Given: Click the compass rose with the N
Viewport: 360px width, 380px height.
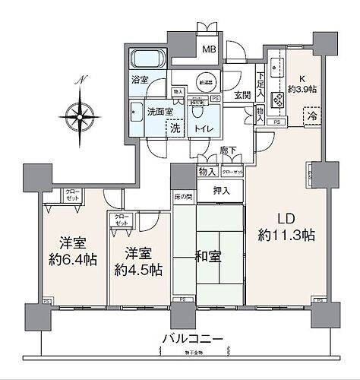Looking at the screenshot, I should pos(79,114).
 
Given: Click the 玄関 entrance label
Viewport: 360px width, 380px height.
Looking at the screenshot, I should pos(242,96).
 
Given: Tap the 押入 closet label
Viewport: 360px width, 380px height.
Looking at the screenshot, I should pos(221,192).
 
